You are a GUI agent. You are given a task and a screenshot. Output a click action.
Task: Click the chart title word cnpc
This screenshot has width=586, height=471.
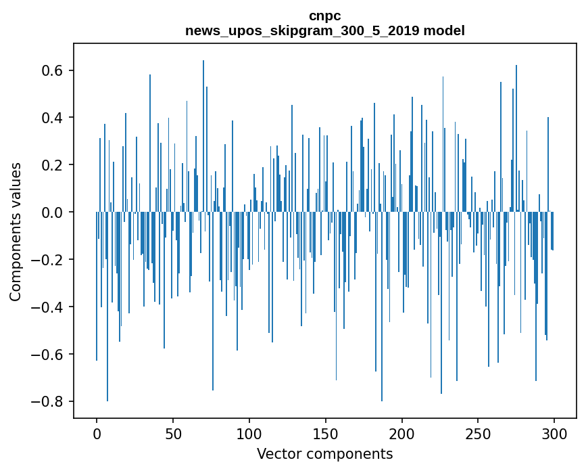click(x=324, y=16)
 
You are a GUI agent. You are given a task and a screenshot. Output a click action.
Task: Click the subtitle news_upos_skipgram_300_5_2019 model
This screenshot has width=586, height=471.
click(x=324, y=30)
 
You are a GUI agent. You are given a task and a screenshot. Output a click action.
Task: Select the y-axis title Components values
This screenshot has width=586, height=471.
click(x=15, y=231)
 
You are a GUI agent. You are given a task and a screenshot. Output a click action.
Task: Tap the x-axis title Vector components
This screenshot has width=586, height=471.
click(x=324, y=453)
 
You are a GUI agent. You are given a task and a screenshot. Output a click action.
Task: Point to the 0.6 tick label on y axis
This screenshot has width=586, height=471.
click(x=51, y=71)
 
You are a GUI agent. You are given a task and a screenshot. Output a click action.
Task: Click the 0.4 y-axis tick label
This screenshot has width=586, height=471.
click(x=51, y=118)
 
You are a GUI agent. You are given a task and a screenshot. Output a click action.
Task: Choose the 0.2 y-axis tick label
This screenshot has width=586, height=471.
click(x=51, y=165)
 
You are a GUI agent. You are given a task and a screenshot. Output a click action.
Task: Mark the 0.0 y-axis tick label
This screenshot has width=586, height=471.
click(x=51, y=212)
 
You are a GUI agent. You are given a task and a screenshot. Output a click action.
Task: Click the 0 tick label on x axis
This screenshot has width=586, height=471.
click(x=97, y=432)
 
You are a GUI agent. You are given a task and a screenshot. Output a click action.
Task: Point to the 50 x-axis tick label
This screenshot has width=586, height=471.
click(x=173, y=432)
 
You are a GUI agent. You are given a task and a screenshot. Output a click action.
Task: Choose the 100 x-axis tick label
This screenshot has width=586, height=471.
click(x=249, y=432)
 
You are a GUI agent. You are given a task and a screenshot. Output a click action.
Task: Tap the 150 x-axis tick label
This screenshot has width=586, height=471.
click(x=326, y=432)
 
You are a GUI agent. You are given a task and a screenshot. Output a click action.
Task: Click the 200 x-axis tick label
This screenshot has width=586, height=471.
click(x=402, y=432)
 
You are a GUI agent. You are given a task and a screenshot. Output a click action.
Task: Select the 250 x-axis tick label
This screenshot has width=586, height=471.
click(x=479, y=432)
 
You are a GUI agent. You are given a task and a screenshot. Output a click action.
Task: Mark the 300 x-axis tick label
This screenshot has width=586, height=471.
click(x=555, y=432)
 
